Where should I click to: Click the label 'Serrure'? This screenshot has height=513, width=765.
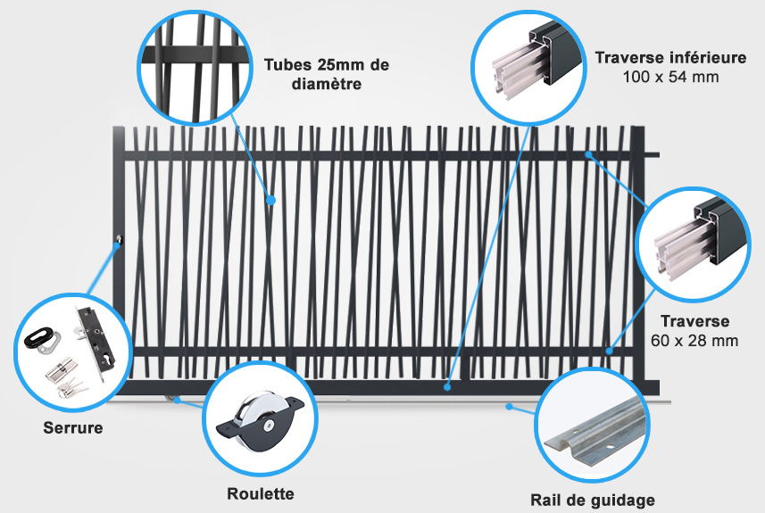click(73, 427)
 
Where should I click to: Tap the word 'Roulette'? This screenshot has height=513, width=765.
click(261, 493)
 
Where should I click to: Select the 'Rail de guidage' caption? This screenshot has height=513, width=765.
click(593, 501)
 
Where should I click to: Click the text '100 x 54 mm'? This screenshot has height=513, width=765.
click(670, 77)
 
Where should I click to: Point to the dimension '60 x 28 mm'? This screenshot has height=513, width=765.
click(694, 341)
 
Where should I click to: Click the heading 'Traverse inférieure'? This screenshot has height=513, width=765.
click(670, 57)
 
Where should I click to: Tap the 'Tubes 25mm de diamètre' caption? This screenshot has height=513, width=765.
click(327, 74)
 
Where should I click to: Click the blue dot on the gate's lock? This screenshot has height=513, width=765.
click(117, 245)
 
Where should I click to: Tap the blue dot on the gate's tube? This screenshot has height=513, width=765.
click(271, 200)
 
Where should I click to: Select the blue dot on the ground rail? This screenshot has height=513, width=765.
click(509, 406)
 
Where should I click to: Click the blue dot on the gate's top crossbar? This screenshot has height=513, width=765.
click(589, 154)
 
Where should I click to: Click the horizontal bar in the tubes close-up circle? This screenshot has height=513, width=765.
click(195, 54)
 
